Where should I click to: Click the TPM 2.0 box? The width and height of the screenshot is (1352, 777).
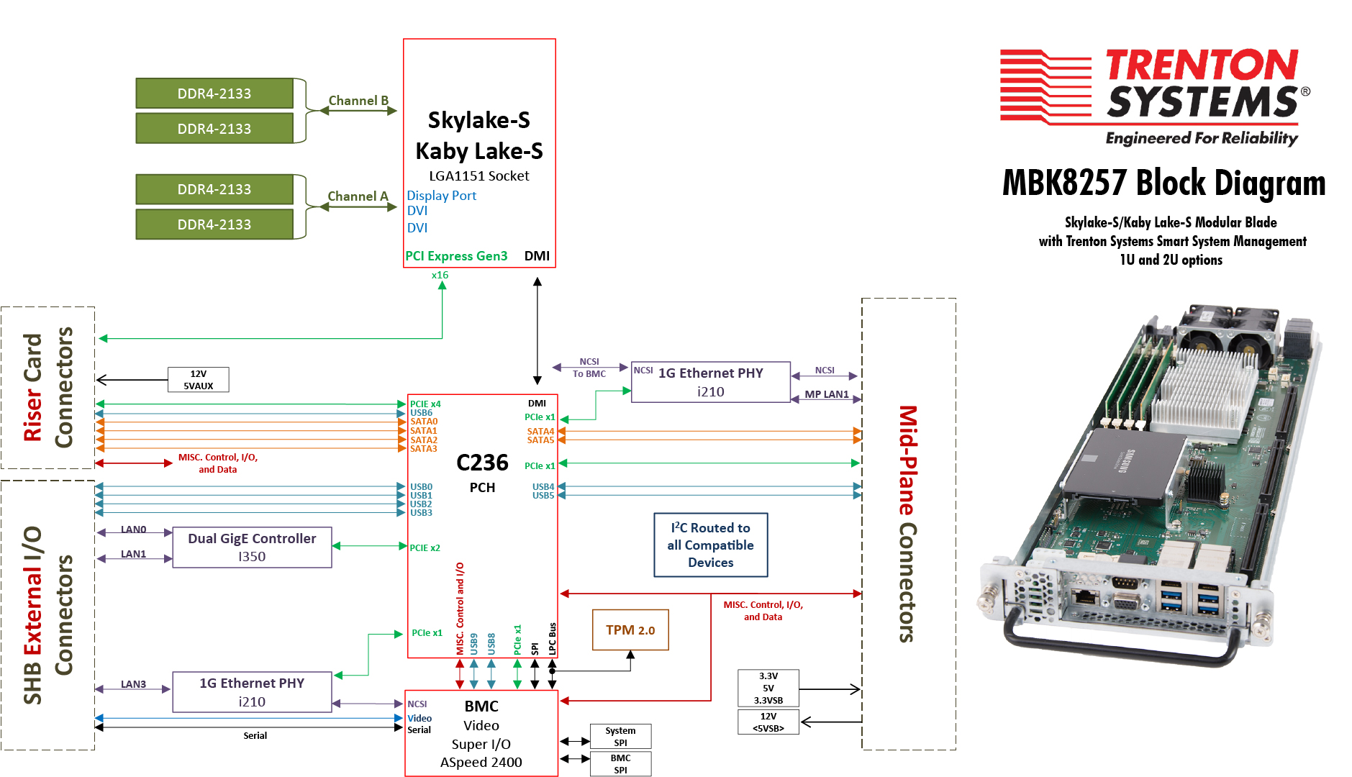(x=630, y=630)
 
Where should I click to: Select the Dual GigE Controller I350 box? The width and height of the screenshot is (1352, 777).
(x=252, y=547)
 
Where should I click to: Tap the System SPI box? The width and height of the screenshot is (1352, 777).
(x=620, y=736)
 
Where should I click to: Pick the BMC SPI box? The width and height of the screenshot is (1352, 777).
(x=620, y=763)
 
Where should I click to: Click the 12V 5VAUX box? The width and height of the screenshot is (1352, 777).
(x=198, y=380)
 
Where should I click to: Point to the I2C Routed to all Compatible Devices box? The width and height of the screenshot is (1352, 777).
(x=710, y=545)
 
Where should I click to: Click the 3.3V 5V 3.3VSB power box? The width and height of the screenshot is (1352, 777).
(x=768, y=688)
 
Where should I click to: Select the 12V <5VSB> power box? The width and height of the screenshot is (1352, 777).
(x=768, y=722)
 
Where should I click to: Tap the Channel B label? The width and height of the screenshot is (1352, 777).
(x=358, y=101)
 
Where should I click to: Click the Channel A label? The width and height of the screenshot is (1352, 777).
(x=358, y=196)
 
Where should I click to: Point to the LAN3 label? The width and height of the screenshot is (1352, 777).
(x=133, y=684)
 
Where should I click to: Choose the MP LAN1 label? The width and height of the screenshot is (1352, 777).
(x=826, y=394)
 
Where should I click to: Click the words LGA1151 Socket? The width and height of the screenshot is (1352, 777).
(x=478, y=176)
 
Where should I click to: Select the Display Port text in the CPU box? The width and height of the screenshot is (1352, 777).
(x=441, y=196)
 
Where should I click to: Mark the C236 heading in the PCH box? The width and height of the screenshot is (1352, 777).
(x=482, y=463)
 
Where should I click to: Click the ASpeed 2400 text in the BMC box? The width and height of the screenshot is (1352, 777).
(x=481, y=763)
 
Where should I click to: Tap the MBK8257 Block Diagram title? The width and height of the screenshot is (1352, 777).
(x=1163, y=183)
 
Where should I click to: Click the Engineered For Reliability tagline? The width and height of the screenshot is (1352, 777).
(x=1201, y=138)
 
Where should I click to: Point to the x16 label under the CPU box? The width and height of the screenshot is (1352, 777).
(x=440, y=276)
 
